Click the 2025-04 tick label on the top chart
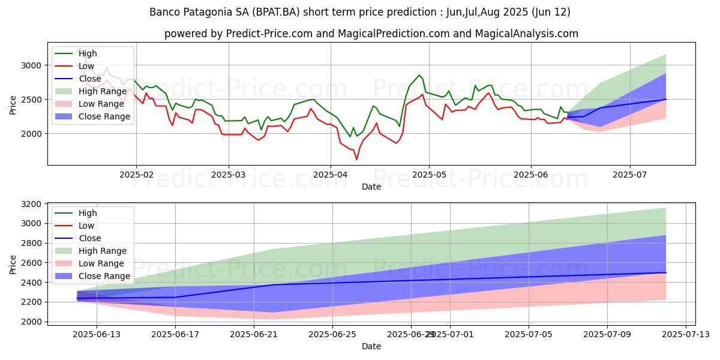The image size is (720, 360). (x=330, y=175)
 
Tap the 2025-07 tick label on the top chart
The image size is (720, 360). (x=629, y=175)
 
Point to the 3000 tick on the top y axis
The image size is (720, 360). (x=33, y=65)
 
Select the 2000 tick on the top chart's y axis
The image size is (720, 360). (x=33, y=133)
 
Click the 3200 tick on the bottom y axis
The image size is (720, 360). (x=33, y=204)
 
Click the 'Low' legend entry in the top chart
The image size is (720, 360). (x=87, y=66)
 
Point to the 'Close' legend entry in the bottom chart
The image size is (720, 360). (x=90, y=238)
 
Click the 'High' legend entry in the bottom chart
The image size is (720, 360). (x=88, y=213)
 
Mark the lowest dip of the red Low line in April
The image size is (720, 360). (x=356, y=159)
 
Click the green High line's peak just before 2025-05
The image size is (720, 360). (x=419, y=76)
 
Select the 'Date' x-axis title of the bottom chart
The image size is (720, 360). (x=371, y=347)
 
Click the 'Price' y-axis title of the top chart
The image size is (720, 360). (x=13, y=103)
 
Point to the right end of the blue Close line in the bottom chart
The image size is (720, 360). (x=665, y=272)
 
